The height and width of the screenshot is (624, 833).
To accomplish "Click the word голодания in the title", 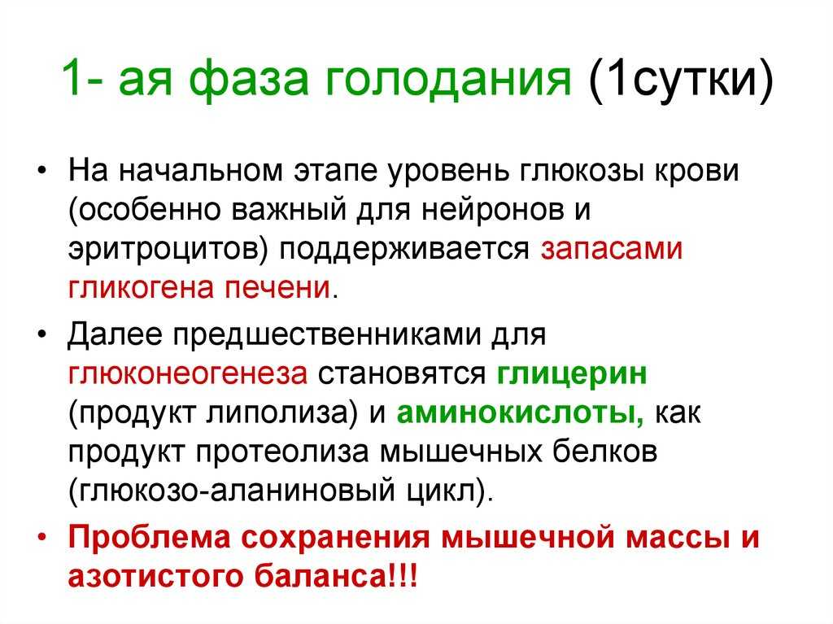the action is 448,81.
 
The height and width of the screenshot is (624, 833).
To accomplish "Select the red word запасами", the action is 612,249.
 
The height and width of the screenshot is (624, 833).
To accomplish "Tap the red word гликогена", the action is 141,287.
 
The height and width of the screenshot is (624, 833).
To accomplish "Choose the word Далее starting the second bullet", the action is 115,335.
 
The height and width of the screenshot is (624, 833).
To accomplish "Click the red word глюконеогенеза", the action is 188,373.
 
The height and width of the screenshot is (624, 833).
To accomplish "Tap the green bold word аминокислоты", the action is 520,413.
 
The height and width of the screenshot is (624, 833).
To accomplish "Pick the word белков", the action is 605,452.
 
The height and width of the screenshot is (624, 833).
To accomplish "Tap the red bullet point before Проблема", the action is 42,538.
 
